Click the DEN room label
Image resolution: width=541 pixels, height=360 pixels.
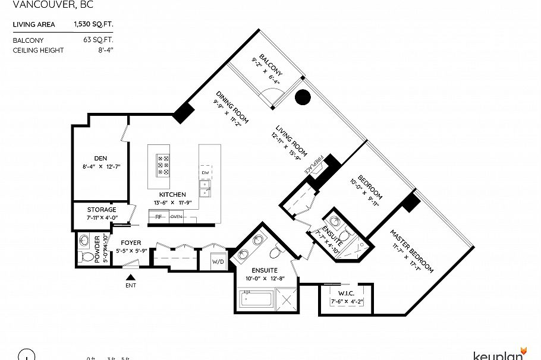click(100, 158)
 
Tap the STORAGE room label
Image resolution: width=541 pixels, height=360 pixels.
click(102, 210)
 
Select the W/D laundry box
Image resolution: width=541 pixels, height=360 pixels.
click(218, 261)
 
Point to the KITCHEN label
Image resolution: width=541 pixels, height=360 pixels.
click(172, 194)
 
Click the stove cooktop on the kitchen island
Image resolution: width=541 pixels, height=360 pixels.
click(163, 165)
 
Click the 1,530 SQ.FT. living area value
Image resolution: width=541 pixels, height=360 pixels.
click(93, 24)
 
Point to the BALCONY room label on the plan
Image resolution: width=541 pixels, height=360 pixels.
click(270, 65)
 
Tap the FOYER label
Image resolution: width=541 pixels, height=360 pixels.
click(131, 243)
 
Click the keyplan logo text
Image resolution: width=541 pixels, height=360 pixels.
click(498, 355)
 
